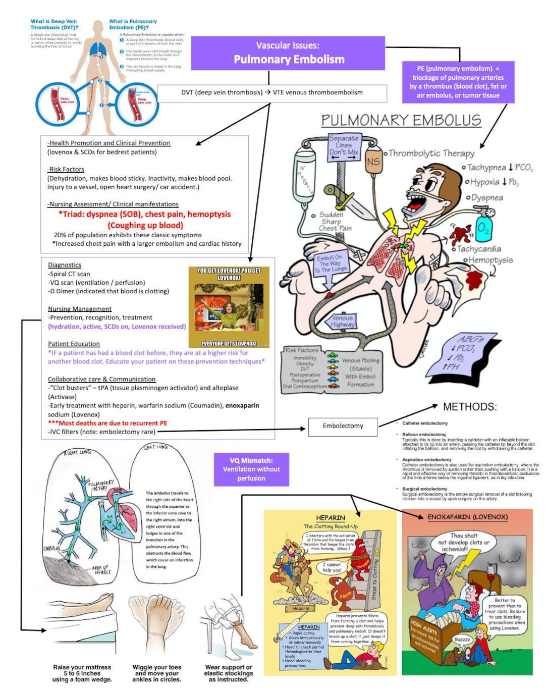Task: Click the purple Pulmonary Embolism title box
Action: pos(288,53)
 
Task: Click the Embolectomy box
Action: pos(343,426)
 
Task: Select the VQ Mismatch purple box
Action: pos(251,469)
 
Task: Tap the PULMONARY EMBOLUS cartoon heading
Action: pos(401,120)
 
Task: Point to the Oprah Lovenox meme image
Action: pos(229,307)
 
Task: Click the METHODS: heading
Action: pos(469,407)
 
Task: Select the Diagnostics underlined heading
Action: pos(64,265)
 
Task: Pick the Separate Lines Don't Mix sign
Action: pos(344,147)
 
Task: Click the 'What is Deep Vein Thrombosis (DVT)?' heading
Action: pos(54,24)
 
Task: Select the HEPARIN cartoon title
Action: pos(331,518)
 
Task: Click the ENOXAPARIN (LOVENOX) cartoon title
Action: pos(467,517)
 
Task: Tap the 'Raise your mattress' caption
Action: pos(82,673)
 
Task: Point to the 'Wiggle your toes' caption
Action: pos(156,673)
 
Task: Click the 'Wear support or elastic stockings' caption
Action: pos(228,673)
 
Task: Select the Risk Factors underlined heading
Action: pos(66,170)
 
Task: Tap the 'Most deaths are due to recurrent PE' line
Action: pos(107,423)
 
